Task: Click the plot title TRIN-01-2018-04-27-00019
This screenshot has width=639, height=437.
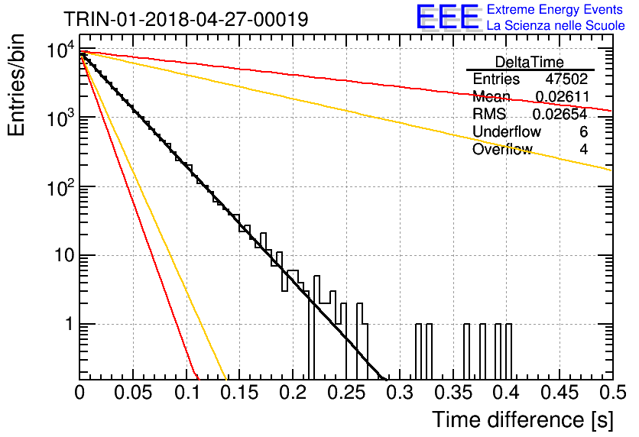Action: pyautogui.click(x=186, y=19)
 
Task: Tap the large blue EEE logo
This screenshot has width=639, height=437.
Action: pyautogui.click(x=448, y=17)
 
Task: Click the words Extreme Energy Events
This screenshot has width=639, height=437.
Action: pyautogui.click(x=555, y=9)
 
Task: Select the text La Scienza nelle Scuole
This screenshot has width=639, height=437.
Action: pyautogui.click(x=556, y=25)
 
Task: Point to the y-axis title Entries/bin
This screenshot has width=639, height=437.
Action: pyautogui.click(x=16, y=85)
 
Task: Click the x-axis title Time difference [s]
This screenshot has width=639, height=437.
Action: pyautogui.click(x=523, y=419)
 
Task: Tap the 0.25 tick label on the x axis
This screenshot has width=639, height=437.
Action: pyautogui.click(x=346, y=393)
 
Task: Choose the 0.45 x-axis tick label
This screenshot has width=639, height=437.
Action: pyautogui.click(x=560, y=393)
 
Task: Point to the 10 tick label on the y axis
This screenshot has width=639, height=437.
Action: pyautogui.click(x=64, y=256)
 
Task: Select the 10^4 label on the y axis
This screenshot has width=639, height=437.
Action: pyautogui.click(x=61, y=50)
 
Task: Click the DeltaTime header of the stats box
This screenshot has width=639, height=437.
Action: pyautogui.click(x=530, y=62)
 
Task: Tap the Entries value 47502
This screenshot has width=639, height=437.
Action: pyautogui.click(x=566, y=79)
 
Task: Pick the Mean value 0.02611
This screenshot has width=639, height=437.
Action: pyautogui.click(x=562, y=96)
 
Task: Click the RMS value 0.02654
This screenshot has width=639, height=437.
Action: pyautogui.click(x=560, y=114)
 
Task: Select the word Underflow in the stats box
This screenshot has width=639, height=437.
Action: pyautogui.click(x=507, y=131)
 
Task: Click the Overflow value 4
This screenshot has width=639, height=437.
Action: pyautogui.click(x=583, y=150)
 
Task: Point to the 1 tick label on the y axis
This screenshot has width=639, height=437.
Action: pyautogui.click(x=70, y=325)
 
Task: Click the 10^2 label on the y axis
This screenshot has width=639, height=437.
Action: pyautogui.click(x=61, y=187)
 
